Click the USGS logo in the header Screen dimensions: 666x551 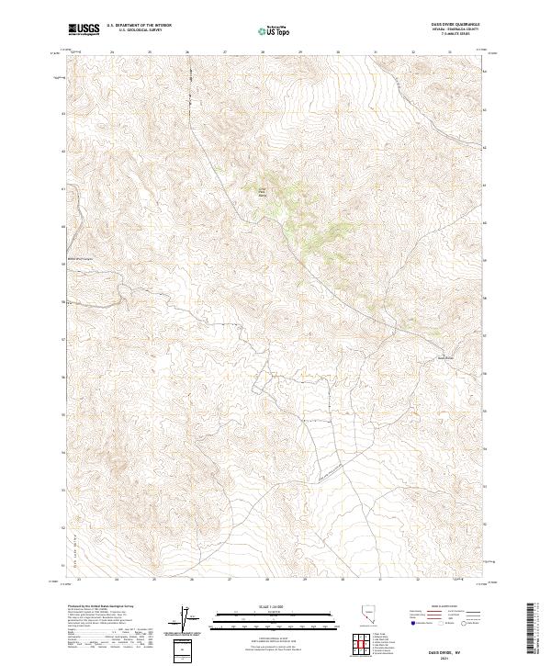coord(84,29)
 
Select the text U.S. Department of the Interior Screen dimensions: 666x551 coord(139,26)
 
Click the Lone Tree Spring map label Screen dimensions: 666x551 coord(259,190)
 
